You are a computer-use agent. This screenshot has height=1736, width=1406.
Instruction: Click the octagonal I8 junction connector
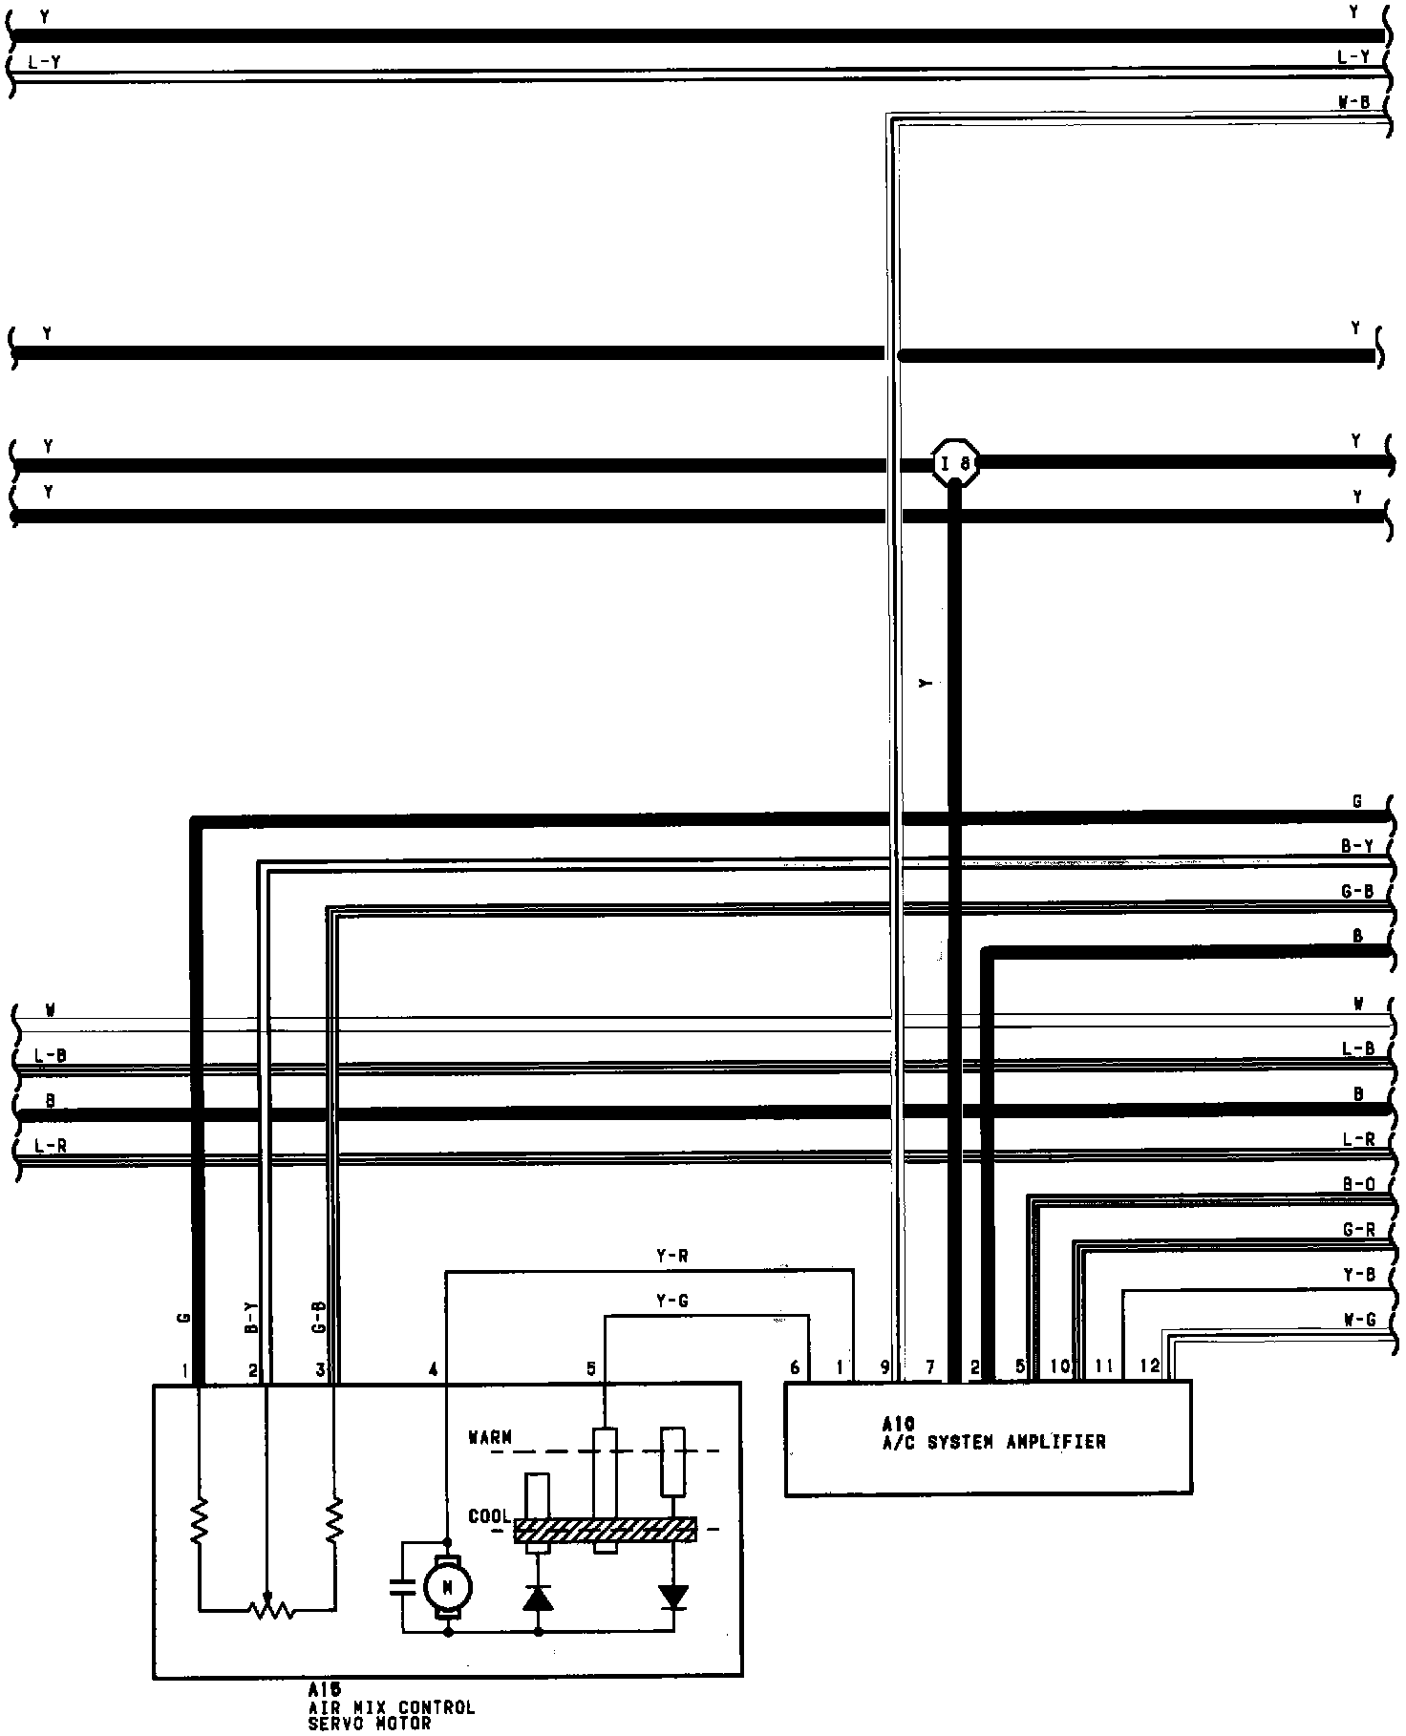tap(955, 464)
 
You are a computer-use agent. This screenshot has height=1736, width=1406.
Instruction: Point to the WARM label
tap(490, 1436)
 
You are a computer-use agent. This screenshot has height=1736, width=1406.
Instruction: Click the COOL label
tap(489, 1516)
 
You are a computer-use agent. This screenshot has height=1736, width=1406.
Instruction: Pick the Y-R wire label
tap(672, 1257)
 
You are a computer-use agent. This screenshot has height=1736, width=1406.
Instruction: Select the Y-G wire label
tap(672, 1301)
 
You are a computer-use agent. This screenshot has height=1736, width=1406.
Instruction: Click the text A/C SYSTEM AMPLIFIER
tap(993, 1442)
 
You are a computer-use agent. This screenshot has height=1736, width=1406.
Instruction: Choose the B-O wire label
tap(1357, 1185)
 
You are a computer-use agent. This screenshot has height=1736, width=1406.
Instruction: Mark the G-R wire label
tap(1357, 1230)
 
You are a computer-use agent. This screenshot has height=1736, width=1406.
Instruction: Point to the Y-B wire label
tap(1357, 1275)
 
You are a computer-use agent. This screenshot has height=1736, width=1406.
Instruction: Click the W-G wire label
tap(1357, 1321)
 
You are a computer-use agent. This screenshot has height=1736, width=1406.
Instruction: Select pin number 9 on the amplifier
tap(885, 1367)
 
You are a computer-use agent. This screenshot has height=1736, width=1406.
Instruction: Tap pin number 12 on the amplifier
tap(1150, 1366)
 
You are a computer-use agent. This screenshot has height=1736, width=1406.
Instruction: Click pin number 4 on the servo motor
tap(433, 1369)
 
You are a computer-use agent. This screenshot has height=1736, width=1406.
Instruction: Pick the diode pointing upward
tap(539, 1597)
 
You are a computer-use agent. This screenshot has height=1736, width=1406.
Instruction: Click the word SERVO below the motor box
tap(334, 1724)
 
